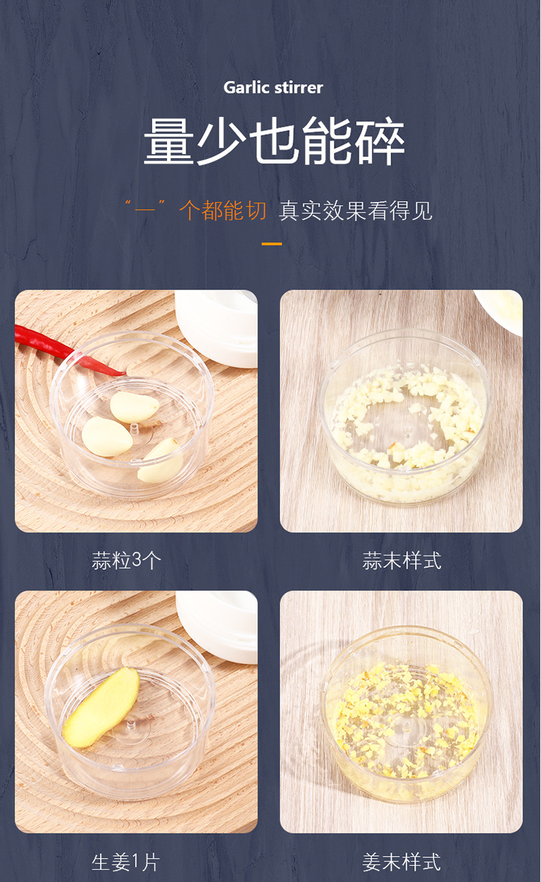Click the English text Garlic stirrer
point(273,88)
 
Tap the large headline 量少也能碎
point(274,142)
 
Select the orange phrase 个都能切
point(223,211)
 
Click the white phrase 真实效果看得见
point(355,211)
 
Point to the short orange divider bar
point(272,244)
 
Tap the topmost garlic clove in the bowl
point(134,407)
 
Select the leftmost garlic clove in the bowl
point(107,437)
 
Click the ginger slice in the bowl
point(101,707)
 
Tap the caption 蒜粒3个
point(127,561)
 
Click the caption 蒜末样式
point(401,561)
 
